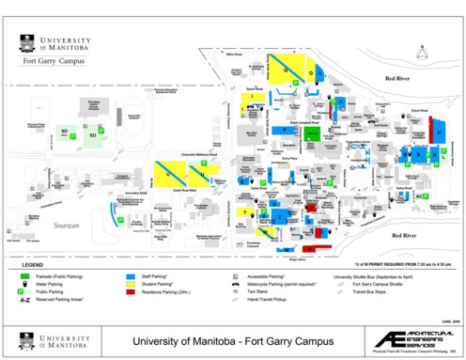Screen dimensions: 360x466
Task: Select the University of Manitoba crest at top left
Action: coord(26,44)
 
